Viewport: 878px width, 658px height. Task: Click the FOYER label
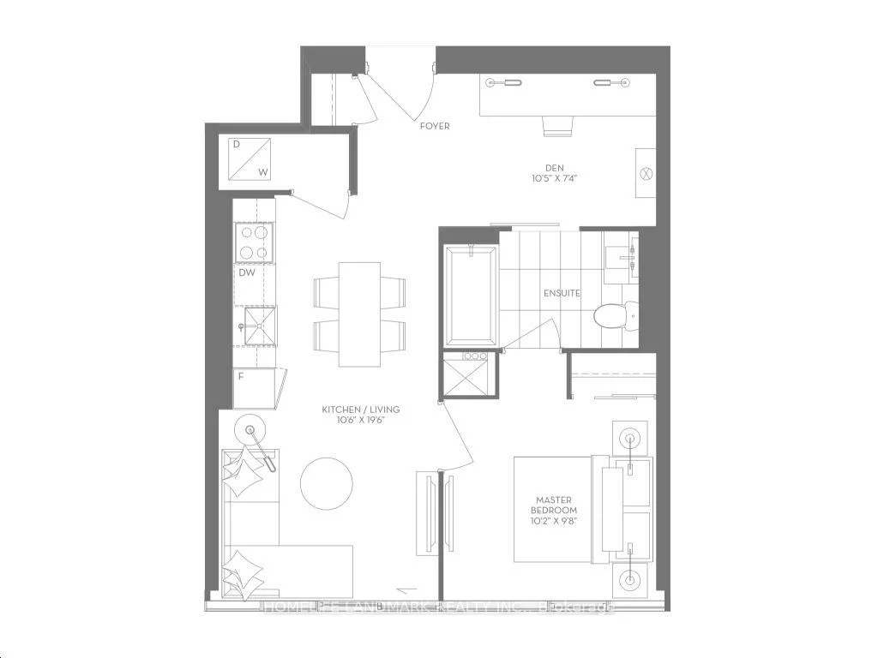coord(435,126)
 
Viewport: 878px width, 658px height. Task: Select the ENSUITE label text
coord(562,293)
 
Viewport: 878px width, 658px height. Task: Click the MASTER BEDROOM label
coord(554,505)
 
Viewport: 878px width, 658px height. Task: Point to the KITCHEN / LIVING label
coord(360,410)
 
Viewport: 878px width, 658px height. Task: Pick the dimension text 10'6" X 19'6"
coord(360,421)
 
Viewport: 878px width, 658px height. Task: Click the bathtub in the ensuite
coord(471,296)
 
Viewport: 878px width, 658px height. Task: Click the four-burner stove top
coord(254,242)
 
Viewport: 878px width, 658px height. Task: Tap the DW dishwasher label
coord(247,273)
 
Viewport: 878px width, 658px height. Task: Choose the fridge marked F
coord(254,388)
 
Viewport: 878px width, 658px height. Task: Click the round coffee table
coord(326,483)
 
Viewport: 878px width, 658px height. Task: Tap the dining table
coord(359,314)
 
